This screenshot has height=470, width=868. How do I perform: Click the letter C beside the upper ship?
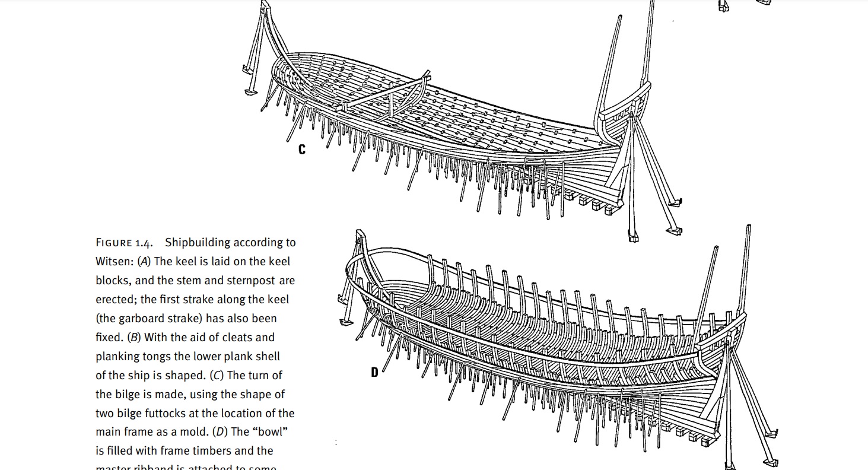point(302,150)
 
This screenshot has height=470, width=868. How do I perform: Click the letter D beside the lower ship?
point(374,372)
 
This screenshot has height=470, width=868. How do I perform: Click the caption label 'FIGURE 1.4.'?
point(124,243)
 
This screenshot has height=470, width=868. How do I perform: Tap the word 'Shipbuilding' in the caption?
point(198,243)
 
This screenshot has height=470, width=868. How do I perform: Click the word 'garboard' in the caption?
point(142,319)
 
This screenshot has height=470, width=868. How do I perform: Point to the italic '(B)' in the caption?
point(135,338)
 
